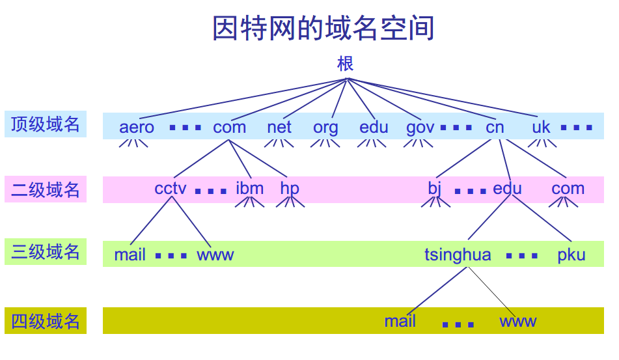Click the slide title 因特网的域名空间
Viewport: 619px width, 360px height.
[x=323, y=29]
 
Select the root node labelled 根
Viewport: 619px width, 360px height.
[x=346, y=64]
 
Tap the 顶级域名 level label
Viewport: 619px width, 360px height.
[x=46, y=124]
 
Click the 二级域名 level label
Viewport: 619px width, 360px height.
[x=46, y=189]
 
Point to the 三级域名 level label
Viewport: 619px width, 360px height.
[x=46, y=252]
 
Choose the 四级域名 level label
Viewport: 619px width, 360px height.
[x=46, y=321]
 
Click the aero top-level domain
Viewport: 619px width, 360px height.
[x=137, y=127]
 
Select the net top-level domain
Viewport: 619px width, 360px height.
[x=279, y=127]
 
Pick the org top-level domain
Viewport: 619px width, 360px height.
[x=325, y=128]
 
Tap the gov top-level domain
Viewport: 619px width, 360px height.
[x=420, y=128]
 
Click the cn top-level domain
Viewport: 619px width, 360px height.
[x=495, y=127]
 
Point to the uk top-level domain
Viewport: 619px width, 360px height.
[x=541, y=127]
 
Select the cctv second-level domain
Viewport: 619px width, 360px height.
[x=171, y=189]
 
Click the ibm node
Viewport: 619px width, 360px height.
[x=249, y=189]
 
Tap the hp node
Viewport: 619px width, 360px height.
[x=290, y=189]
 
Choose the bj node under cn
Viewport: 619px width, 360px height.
[x=435, y=189]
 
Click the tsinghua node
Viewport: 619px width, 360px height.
[x=458, y=255]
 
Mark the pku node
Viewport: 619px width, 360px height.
[x=571, y=255]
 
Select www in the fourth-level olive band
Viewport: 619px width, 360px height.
[x=517, y=321]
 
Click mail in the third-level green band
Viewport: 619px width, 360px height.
[x=130, y=255]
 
